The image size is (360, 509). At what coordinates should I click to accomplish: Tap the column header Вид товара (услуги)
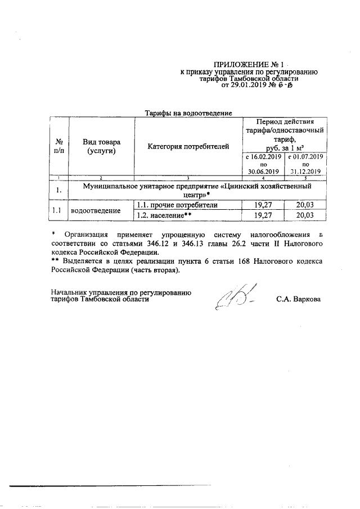click(101, 146)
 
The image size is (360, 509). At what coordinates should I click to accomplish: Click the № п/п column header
click(58, 146)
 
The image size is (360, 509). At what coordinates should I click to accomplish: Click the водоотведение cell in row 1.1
click(94, 210)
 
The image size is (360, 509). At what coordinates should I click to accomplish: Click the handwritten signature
click(234, 297)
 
